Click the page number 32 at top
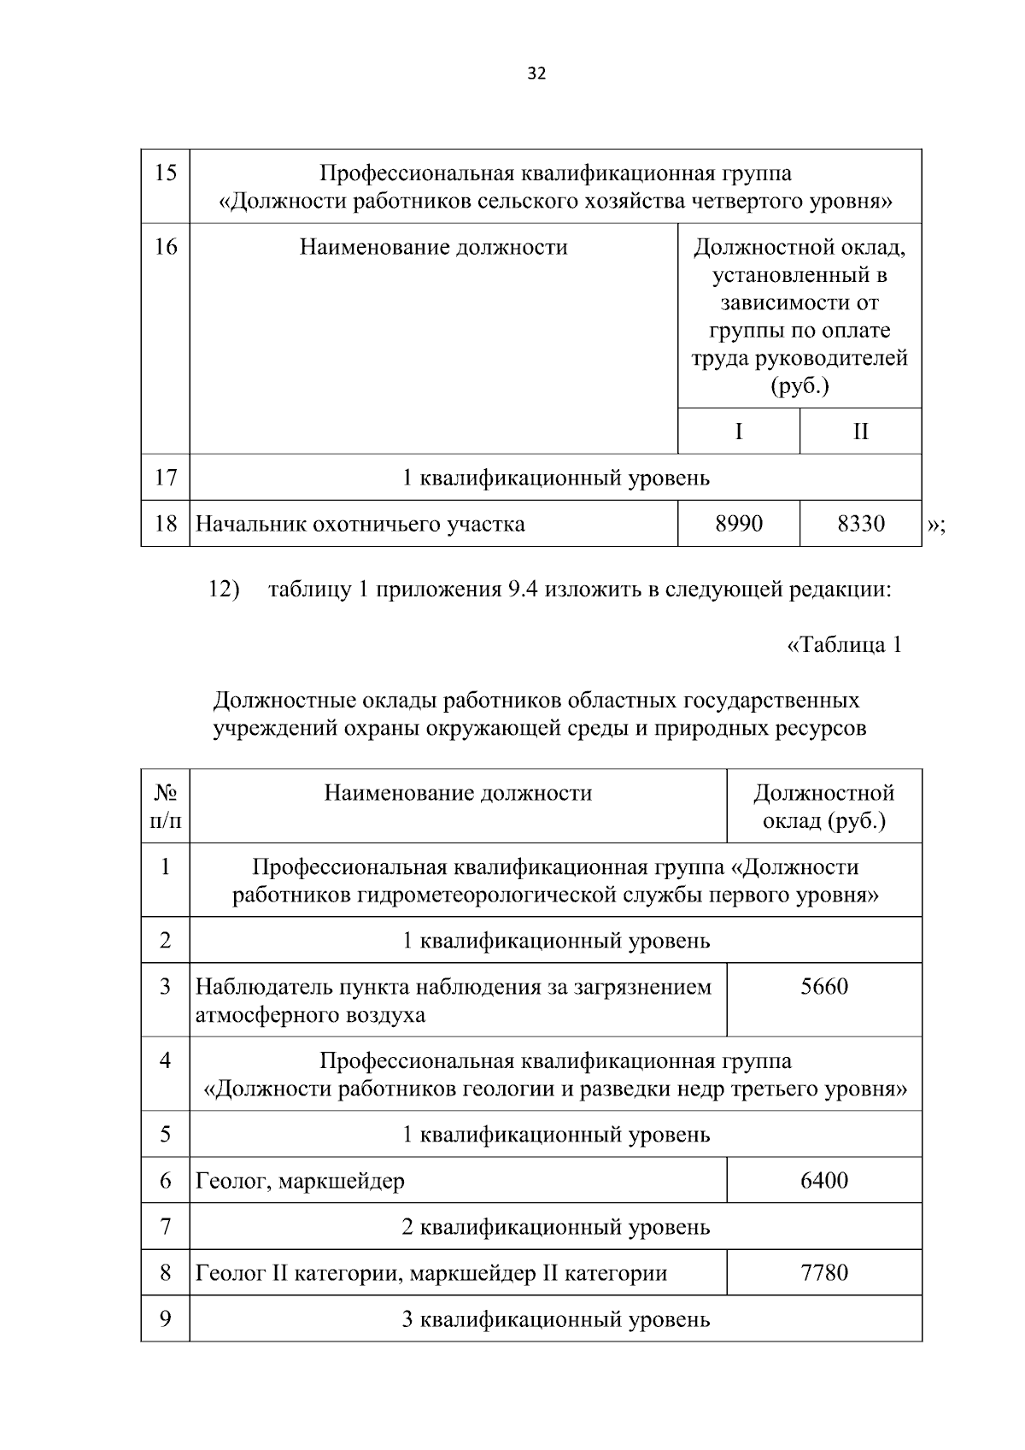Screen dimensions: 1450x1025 (536, 73)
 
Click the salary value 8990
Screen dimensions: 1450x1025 (739, 524)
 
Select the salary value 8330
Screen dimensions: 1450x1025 (860, 524)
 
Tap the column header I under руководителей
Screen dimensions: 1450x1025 (739, 431)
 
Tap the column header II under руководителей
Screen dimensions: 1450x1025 (860, 431)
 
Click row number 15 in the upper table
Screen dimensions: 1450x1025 (165, 173)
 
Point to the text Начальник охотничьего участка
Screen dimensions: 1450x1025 (360, 524)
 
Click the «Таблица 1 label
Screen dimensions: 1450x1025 (843, 645)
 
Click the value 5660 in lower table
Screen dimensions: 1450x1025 (824, 988)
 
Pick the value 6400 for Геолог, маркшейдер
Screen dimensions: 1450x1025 (824, 1181)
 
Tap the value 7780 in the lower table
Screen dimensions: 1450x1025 (824, 1273)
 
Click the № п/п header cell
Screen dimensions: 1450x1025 (165, 807)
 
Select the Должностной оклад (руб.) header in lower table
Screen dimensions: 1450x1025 (824, 807)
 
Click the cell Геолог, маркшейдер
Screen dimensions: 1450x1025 (300, 1182)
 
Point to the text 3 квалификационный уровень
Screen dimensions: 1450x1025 (555, 1320)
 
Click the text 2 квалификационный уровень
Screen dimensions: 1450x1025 (555, 1228)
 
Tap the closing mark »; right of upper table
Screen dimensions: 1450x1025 (935, 525)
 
